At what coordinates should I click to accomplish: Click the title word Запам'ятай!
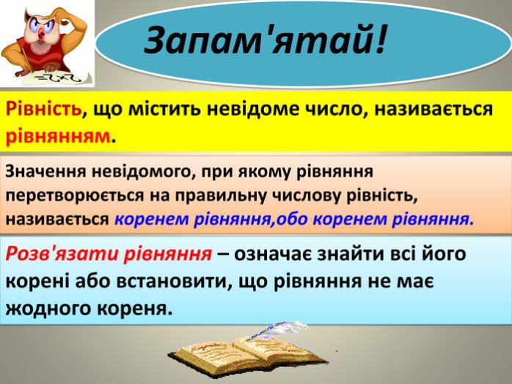(265, 40)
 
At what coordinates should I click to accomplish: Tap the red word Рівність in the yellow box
(43, 110)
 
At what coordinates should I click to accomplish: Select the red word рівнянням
(59, 136)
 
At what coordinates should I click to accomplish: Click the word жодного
(48, 309)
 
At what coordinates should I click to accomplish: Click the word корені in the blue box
(37, 281)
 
